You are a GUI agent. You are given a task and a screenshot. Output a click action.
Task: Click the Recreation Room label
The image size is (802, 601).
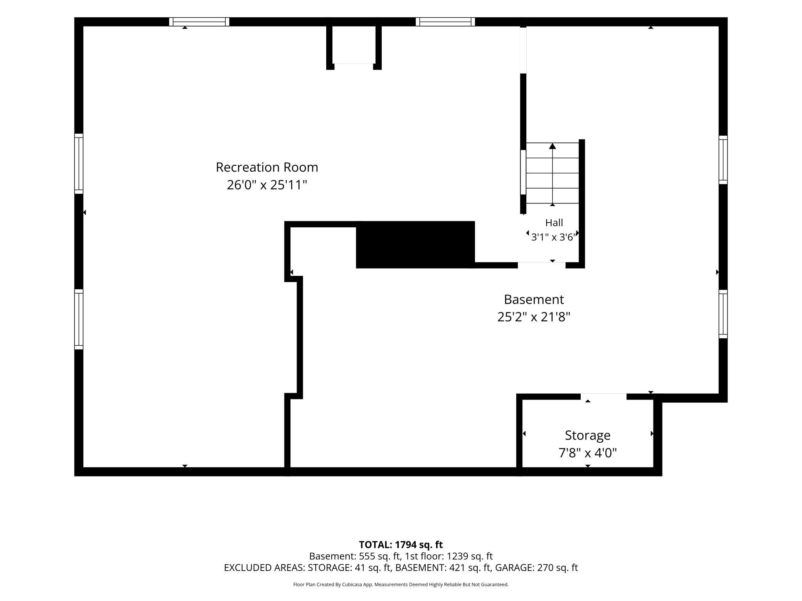267,167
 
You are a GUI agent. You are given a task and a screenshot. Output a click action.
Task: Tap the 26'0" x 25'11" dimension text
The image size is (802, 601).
267,185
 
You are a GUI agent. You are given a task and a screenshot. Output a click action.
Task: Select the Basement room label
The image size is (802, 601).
534,299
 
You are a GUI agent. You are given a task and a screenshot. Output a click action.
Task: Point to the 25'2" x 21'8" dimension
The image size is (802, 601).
534,317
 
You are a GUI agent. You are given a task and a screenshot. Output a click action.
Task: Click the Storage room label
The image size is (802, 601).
588,435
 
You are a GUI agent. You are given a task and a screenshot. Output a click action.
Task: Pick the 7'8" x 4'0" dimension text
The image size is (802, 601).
588,453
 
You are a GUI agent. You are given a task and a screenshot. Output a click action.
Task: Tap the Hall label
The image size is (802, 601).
554,223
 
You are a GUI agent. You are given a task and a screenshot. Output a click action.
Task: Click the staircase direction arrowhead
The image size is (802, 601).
553,146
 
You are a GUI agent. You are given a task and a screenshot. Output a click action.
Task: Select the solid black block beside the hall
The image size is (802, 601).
415,245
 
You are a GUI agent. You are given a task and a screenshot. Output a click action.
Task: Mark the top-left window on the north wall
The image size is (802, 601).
199,22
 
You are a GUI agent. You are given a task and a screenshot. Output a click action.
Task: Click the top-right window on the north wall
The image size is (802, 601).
445,22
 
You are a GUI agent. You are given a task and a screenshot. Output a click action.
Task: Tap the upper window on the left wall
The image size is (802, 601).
79,164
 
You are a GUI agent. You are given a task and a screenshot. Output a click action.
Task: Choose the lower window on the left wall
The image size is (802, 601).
79,319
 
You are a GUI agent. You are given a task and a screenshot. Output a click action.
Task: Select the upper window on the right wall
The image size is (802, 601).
723,160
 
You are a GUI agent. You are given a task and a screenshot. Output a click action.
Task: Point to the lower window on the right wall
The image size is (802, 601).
723,314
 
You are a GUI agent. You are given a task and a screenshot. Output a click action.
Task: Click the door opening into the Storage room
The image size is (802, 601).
603,396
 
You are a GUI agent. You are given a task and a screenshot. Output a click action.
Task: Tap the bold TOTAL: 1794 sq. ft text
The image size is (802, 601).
401,544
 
